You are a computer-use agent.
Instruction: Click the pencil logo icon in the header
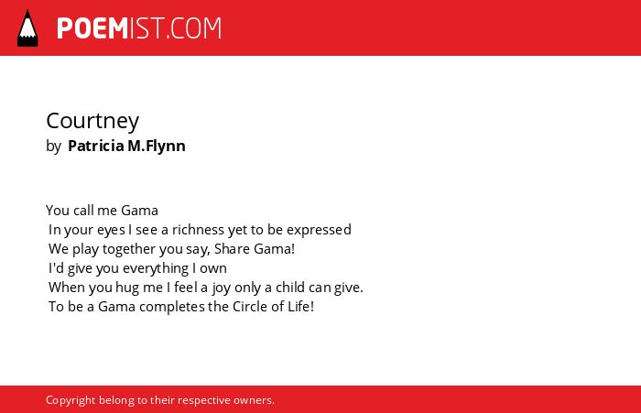tap(27, 27)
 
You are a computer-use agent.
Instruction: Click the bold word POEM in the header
tap(92, 28)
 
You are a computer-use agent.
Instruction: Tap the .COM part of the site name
tap(194, 28)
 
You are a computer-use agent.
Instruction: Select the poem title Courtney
tap(92, 121)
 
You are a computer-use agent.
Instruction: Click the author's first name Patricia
tap(96, 146)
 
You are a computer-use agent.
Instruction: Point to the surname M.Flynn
tap(157, 146)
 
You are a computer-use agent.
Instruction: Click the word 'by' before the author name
tap(53, 147)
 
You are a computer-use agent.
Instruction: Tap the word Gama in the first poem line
tap(140, 211)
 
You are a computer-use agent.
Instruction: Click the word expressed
tap(319, 231)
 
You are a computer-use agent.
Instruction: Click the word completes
tap(172, 307)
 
